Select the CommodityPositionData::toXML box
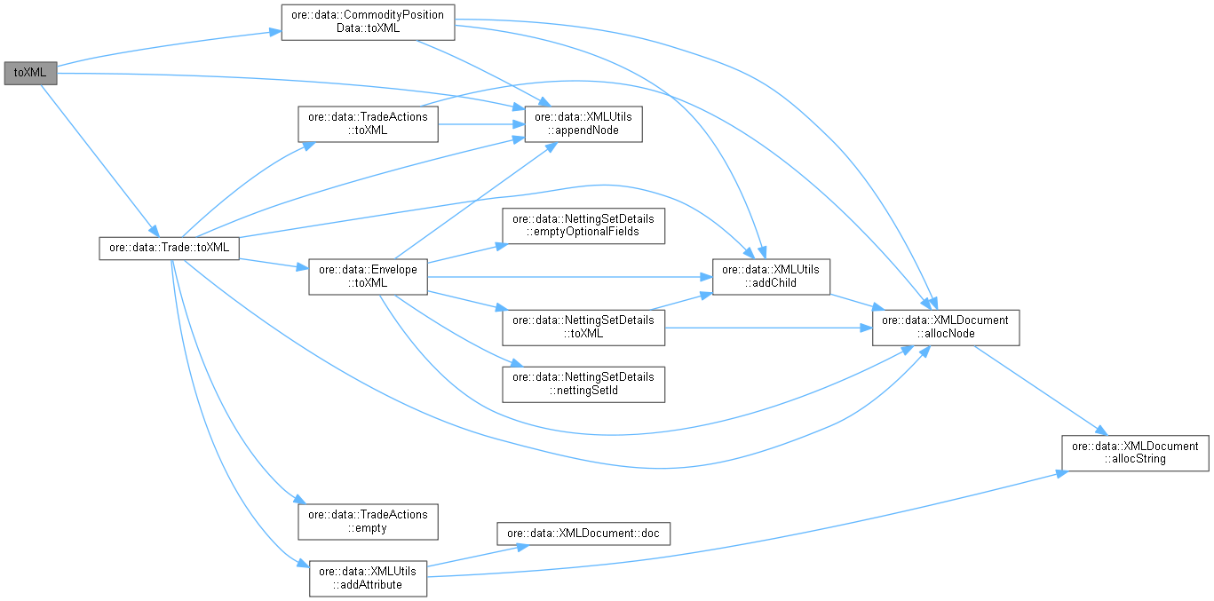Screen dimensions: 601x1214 [368, 22]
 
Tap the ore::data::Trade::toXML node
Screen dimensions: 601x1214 [168, 248]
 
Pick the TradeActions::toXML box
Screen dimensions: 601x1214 [367, 123]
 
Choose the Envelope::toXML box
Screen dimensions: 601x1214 [368, 276]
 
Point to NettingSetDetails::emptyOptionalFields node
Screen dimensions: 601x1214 [583, 225]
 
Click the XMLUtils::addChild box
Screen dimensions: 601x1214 [772, 276]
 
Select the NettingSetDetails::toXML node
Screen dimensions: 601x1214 [583, 327]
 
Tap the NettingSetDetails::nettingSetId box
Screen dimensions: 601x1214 [583, 384]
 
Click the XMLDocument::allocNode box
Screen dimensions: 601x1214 [945, 327]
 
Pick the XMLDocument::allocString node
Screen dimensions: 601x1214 [1135, 453]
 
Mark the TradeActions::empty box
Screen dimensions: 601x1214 [367, 521]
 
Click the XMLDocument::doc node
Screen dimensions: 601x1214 [583, 534]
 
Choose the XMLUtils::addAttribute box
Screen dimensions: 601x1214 [367, 578]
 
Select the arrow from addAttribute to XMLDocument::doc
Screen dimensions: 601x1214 [462, 555]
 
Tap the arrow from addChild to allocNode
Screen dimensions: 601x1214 [851, 302]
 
